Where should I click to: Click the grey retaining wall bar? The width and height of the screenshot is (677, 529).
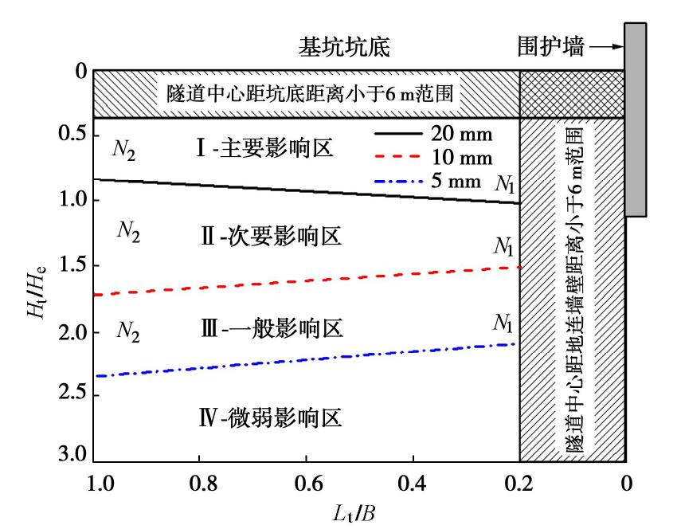click(x=635, y=120)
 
